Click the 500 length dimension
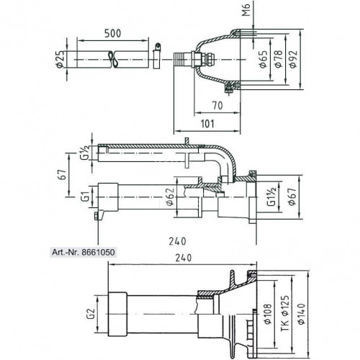pyautogui.click(x=112, y=34)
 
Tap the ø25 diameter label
pyautogui.click(x=60, y=59)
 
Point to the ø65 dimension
pyautogui.click(x=264, y=59)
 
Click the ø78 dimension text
pyautogui.click(x=278, y=59)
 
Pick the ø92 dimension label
pyautogui.click(x=293, y=59)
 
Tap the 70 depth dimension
pyautogui.click(x=217, y=106)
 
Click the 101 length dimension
pyautogui.click(x=207, y=124)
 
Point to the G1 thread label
pyautogui.click(x=87, y=197)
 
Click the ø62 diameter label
pyautogui.click(x=170, y=197)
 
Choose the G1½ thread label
pyautogui.click(x=272, y=197)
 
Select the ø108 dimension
pyautogui.click(x=267, y=314)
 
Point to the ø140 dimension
pyautogui.click(x=302, y=314)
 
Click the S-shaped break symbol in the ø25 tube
pyautogui.click(x=113, y=59)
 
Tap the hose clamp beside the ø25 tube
pyautogui.click(x=157, y=56)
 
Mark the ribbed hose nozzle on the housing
pyautogui.click(x=182, y=59)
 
